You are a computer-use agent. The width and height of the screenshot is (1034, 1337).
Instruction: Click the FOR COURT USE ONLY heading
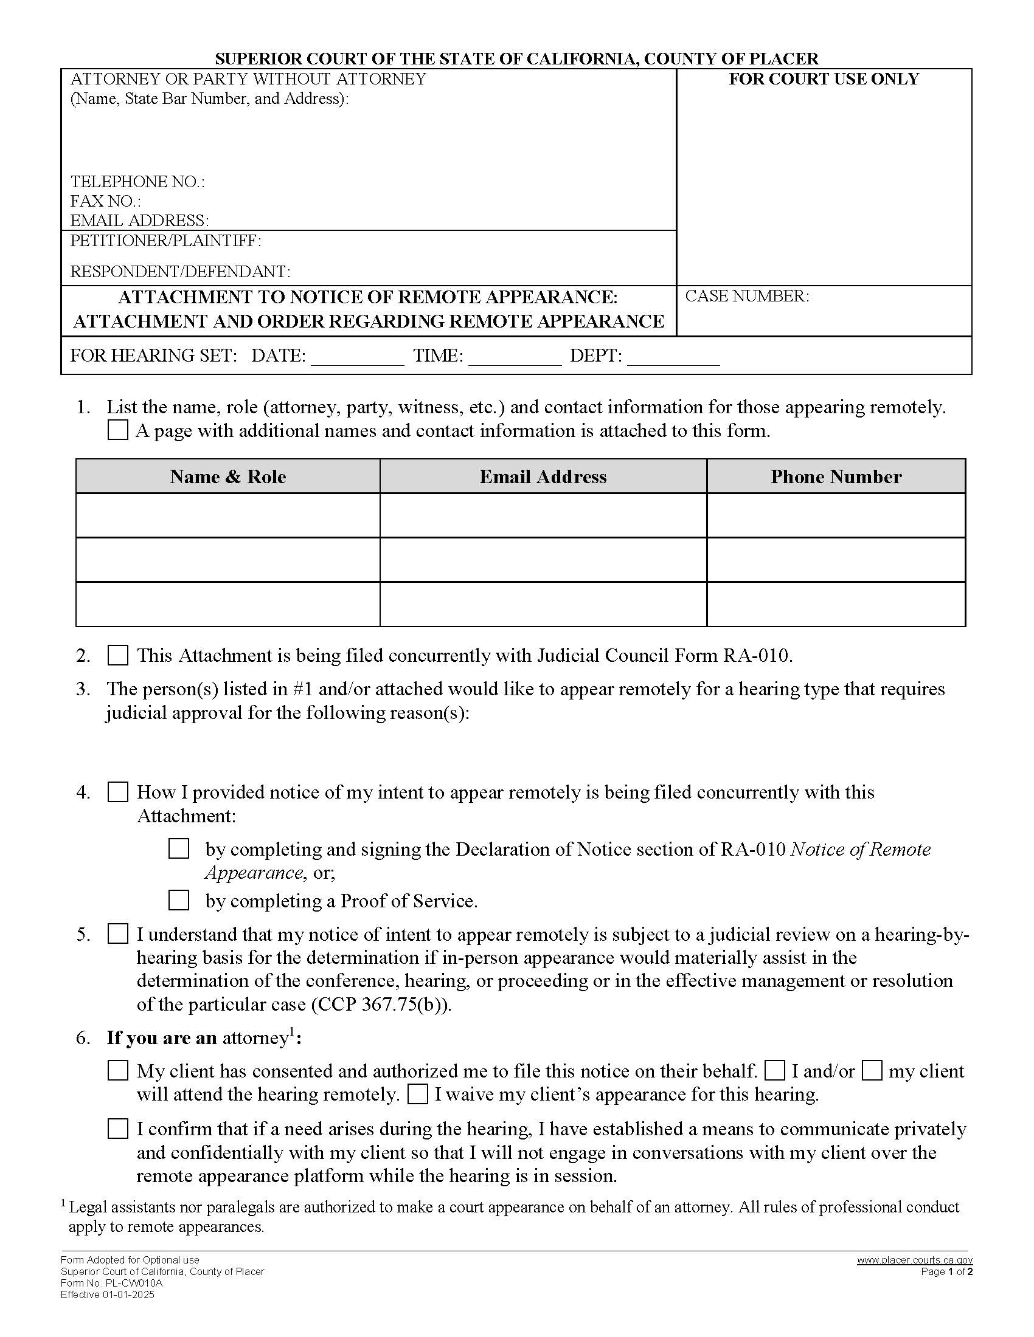click(824, 79)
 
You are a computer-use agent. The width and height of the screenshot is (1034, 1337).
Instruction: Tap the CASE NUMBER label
click(747, 297)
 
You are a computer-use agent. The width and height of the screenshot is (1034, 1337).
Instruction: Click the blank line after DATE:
click(357, 358)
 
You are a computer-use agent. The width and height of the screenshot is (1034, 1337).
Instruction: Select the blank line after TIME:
click(515, 358)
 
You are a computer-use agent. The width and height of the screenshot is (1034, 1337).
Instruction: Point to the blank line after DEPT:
click(673, 358)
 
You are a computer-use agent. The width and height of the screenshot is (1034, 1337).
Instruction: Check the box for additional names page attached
click(117, 430)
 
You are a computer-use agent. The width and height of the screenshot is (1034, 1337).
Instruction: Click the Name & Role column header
click(228, 476)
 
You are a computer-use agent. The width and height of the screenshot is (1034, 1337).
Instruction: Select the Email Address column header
click(543, 476)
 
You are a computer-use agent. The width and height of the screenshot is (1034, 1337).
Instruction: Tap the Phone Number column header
click(836, 476)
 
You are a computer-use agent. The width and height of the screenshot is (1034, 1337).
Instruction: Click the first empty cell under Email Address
click(543, 515)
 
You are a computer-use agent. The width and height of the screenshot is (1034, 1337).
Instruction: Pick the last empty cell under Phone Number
click(836, 604)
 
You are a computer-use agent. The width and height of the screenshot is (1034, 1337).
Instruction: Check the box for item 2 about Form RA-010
click(117, 656)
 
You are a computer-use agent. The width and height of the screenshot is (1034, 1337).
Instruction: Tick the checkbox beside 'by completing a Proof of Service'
click(179, 901)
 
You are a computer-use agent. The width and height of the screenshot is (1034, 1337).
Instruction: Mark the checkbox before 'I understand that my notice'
click(117, 934)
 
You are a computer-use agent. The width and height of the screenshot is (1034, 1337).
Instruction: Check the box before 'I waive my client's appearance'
click(417, 1094)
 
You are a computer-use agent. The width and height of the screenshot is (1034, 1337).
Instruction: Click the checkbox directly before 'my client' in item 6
click(872, 1071)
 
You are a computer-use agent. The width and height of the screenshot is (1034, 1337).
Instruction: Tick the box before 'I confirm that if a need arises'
click(117, 1129)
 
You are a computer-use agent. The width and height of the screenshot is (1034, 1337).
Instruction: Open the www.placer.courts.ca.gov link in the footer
click(914, 1260)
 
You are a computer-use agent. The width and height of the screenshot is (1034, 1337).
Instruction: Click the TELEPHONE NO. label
click(137, 182)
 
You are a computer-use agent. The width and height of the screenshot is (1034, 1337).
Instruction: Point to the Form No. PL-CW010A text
click(111, 1283)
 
